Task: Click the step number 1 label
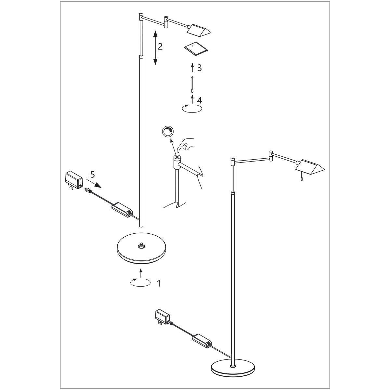(159, 283)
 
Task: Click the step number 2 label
(160, 46)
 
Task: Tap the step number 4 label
(200, 99)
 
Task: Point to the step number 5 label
(93, 175)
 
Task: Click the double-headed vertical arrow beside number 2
(155, 47)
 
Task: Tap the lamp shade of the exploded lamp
(199, 30)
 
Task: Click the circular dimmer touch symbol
(168, 132)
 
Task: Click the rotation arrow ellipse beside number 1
(140, 282)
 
